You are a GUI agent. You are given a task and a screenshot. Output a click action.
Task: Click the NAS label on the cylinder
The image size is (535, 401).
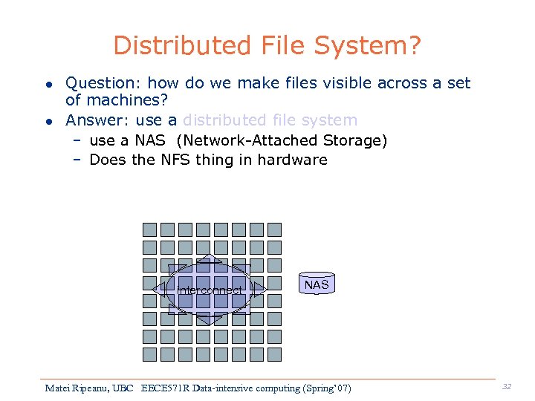pos(317,284)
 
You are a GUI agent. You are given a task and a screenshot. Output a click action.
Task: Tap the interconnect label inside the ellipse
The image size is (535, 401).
pos(210,290)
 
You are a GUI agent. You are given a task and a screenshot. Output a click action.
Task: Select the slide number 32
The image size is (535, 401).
pos(506,386)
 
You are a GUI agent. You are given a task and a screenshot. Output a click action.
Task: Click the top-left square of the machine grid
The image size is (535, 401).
pos(149,229)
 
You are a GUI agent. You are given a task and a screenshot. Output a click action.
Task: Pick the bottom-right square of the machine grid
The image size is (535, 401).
pos(275,354)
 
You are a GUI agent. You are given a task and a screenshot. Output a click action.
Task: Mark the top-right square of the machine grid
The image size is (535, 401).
pos(275,229)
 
